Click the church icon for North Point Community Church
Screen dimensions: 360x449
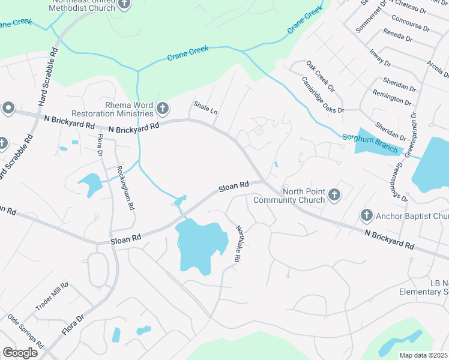334,195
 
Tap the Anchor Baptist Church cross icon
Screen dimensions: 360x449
367,215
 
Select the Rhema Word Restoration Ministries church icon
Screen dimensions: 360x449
161,109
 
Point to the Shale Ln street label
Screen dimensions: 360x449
205,109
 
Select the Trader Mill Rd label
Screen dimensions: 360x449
52,296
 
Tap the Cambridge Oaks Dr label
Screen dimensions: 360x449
323,95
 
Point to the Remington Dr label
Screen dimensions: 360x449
394,98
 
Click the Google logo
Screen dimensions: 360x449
20,353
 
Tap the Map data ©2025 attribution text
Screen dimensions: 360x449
423,355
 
